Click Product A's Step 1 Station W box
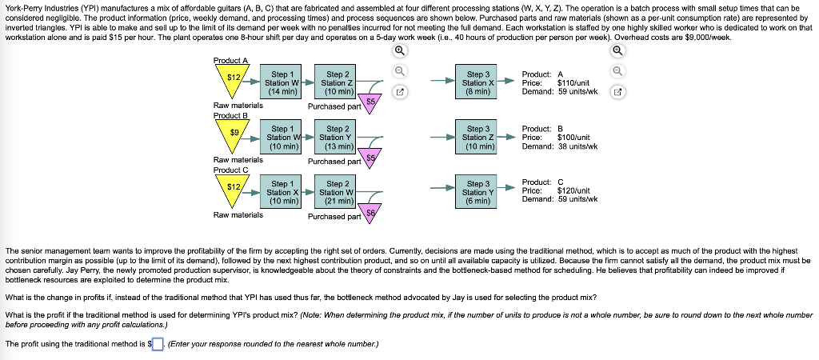click(x=282, y=82)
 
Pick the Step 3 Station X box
click(x=477, y=82)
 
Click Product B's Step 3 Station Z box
click(x=477, y=138)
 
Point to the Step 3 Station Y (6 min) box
click(x=477, y=192)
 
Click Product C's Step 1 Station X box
click(x=282, y=192)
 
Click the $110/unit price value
click(x=573, y=82)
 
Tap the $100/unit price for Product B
click(x=573, y=138)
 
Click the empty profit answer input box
click(x=158, y=344)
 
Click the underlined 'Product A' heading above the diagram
click(x=231, y=61)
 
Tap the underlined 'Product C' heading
click(x=231, y=170)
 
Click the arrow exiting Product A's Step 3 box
click(x=508, y=82)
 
